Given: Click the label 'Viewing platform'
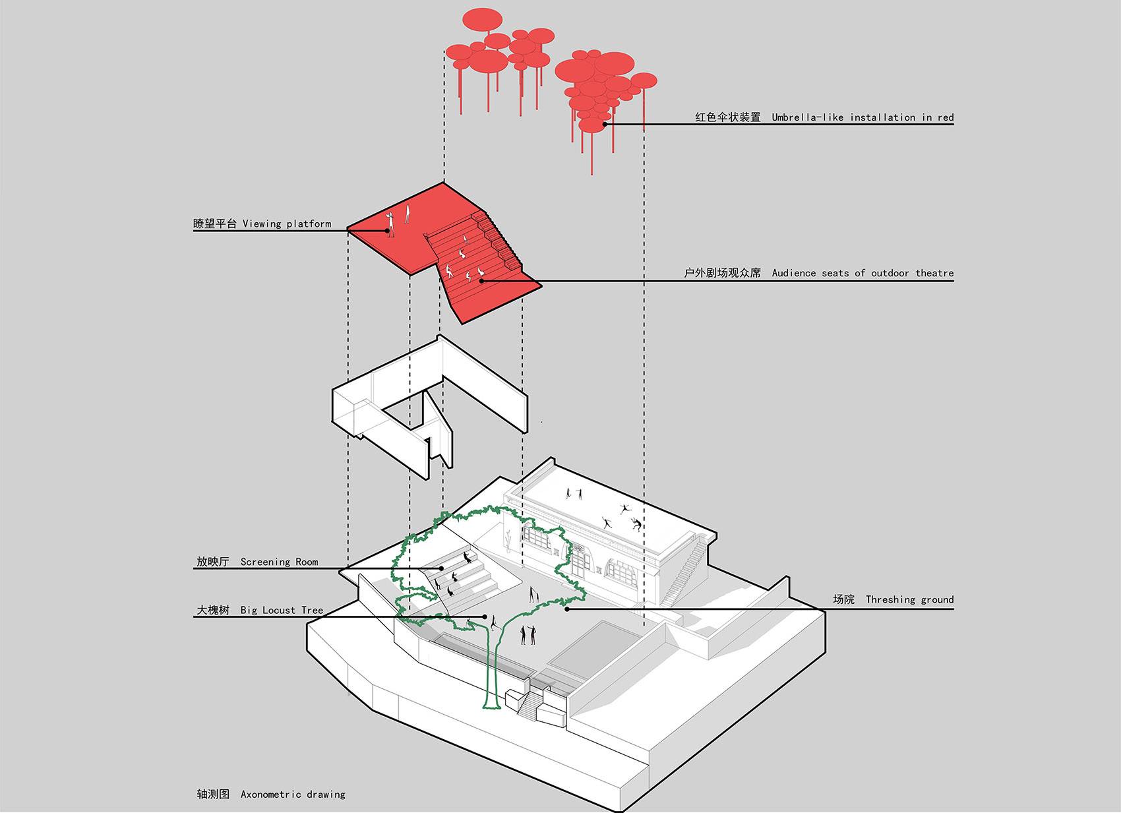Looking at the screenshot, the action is pyautogui.click(x=287, y=224).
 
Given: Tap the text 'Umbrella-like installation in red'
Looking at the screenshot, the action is pyautogui.click(x=863, y=117).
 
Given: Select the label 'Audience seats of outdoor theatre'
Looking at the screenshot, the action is pyautogui.click(x=863, y=273).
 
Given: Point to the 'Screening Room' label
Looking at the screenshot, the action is pyautogui.click(x=279, y=562).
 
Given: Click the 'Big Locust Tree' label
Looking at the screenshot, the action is pyautogui.click(x=282, y=610).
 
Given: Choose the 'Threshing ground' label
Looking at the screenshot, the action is pyautogui.click(x=910, y=599).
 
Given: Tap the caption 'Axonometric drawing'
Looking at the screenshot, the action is pyautogui.click(x=293, y=794).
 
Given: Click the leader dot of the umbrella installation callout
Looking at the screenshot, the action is pyautogui.click(x=605, y=124).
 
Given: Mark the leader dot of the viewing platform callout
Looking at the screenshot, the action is pyautogui.click(x=387, y=231).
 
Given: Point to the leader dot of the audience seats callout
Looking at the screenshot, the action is pyautogui.click(x=481, y=281).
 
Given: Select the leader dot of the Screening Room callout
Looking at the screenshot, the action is pyautogui.click(x=442, y=568).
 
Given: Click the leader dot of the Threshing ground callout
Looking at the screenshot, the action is pyautogui.click(x=567, y=609).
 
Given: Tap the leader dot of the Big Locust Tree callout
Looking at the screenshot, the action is pyautogui.click(x=485, y=617).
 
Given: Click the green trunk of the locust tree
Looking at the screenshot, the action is pyautogui.click(x=493, y=665).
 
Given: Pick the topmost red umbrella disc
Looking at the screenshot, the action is pyautogui.click(x=482, y=20).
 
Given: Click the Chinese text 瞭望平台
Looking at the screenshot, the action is pyautogui.click(x=215, y=224).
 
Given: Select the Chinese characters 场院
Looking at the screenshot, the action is pyautogui.click(x=844, y=599).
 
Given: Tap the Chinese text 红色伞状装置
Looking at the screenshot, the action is pyautogui.click(x=727, y=117).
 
